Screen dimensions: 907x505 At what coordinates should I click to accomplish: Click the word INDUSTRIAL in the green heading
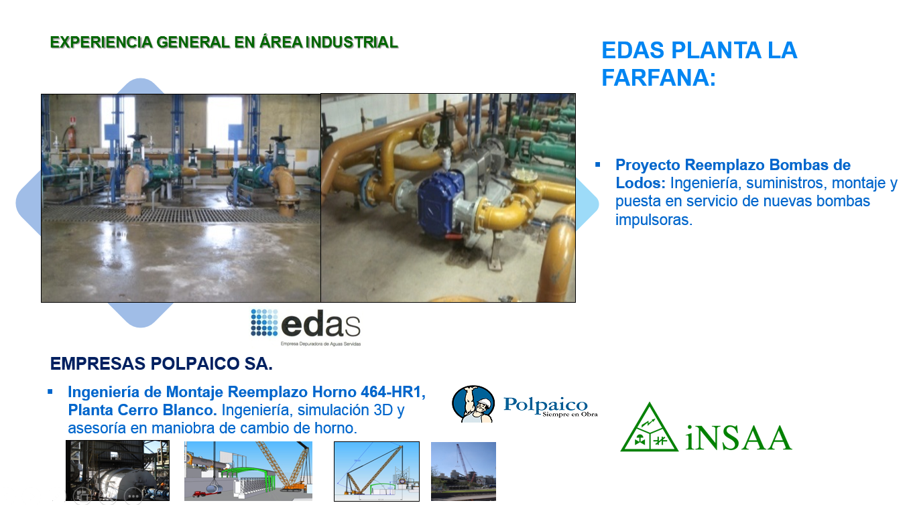351,42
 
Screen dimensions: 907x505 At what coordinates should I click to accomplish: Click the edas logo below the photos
306,327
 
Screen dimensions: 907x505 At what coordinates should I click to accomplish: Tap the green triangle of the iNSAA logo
649,428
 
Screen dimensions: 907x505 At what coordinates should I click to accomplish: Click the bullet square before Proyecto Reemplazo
598,164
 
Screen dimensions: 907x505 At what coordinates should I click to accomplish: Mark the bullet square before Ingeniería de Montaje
50,391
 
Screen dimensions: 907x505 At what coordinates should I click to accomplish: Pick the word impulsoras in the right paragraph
654,220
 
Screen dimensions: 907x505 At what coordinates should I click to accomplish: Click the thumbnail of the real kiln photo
117,471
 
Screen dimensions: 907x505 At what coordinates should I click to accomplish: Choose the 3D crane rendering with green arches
248,471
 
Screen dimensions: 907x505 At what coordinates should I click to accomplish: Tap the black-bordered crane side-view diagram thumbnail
377,472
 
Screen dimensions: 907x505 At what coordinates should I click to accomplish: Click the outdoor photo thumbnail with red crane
463,472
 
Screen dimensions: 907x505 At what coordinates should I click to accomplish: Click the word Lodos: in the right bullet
640,183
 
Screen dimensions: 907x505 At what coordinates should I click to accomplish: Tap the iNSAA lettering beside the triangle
739,438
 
